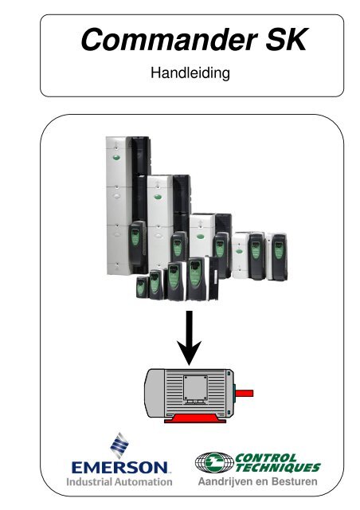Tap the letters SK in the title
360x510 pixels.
pos(286,40)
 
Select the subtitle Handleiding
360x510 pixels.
pos(190,73)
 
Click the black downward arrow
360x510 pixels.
pos(189,338)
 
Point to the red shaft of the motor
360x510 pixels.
pos(245,393)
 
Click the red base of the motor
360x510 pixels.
pos(195,418)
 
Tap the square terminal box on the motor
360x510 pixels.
pos(195,388)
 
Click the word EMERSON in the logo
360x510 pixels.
pos(119,468)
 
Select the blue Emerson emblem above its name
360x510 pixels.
pos(119,445)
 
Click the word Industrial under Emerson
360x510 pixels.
pos(92,481)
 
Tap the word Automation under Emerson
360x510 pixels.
pos(146,481)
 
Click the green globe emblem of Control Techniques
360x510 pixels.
pos(214,462)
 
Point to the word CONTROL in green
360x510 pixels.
pos(266,457)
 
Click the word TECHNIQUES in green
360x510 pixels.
pos(277,468)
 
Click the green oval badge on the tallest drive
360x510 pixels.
pos(117,158)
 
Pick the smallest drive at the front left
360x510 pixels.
pos(142,287)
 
